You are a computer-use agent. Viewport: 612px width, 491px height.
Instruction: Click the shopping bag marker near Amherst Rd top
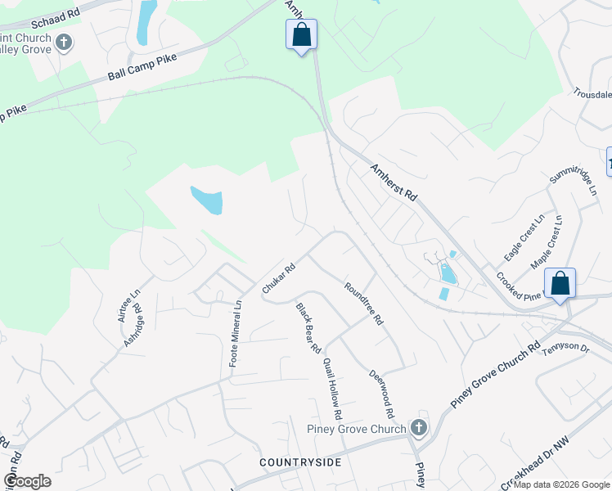coord(301,35)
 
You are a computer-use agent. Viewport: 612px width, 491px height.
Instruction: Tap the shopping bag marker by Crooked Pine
coord(560,284)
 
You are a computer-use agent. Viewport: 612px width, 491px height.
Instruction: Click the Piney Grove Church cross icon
coord(418,428)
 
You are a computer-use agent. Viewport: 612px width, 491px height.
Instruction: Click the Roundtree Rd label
coord(364,304)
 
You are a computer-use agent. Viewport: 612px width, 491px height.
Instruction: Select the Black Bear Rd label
coord(308,327)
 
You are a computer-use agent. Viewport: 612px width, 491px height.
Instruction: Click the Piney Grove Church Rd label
coord(496,374)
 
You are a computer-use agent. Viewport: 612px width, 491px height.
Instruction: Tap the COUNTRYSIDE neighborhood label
coord(299,463)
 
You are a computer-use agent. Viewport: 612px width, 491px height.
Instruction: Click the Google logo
coord(27,480)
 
